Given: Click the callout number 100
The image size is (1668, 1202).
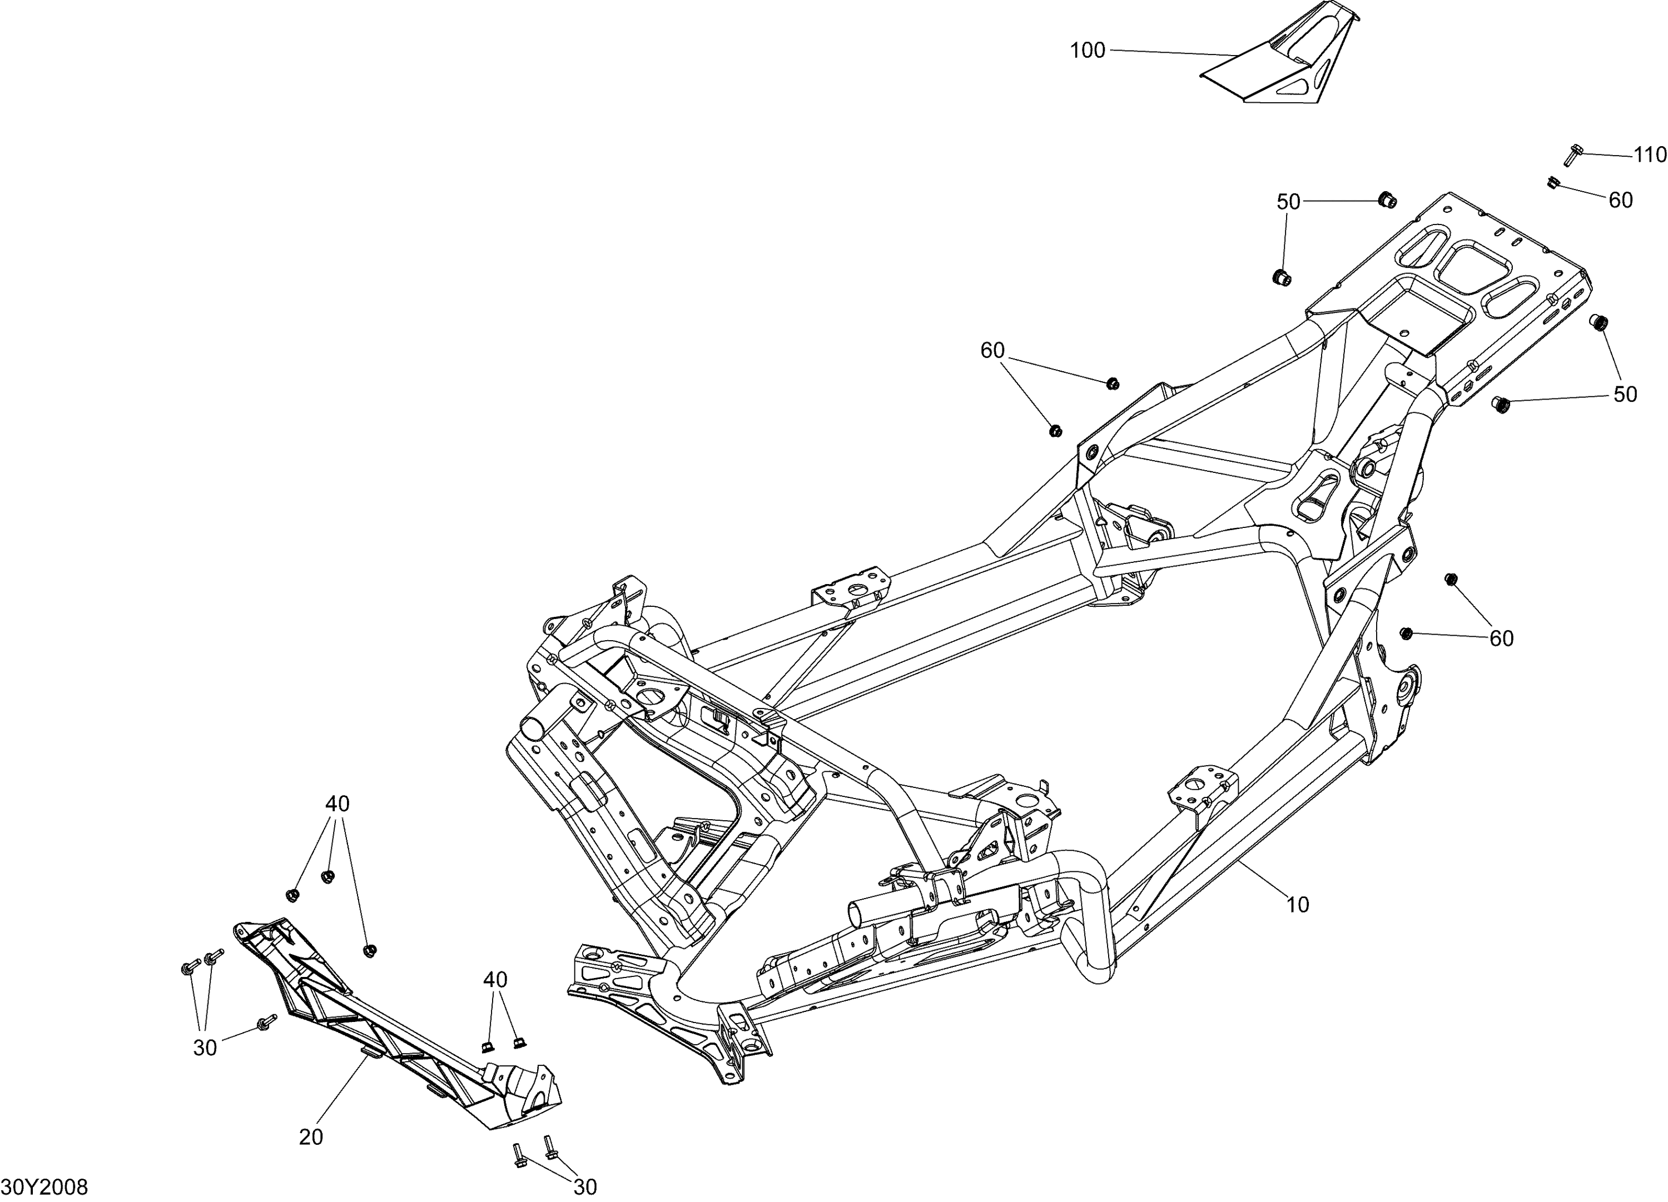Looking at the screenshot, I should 1087,51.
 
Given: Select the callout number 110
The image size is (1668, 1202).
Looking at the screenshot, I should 1650,155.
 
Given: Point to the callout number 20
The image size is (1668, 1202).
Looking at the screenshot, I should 311,1138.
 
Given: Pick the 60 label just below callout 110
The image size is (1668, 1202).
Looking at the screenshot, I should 1621,200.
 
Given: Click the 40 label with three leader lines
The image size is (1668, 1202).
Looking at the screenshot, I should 337,804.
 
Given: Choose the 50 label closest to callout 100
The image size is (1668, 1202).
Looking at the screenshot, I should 1288,201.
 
